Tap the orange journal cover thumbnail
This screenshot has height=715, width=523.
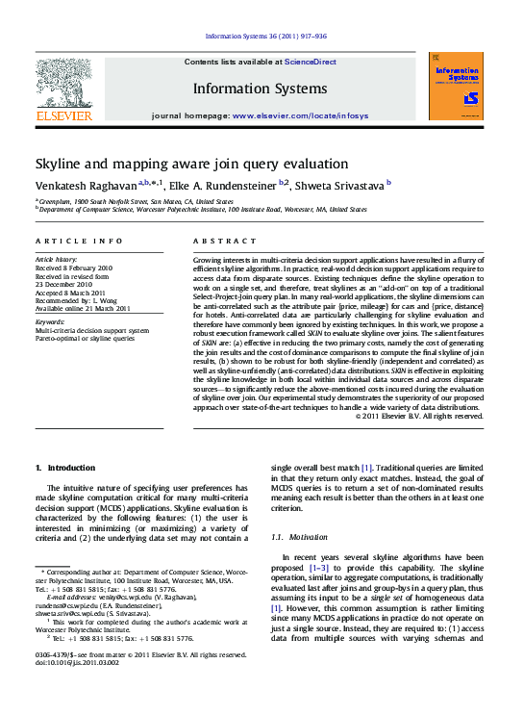[x=457, y=87]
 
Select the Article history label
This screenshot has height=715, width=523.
[x=57, y=260]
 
